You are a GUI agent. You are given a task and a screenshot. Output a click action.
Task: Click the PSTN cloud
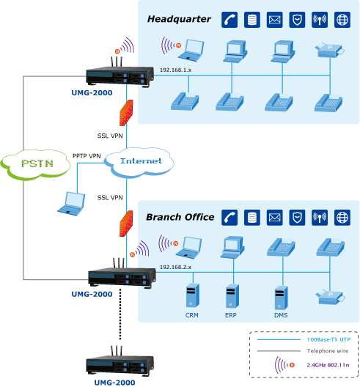coord(35,163)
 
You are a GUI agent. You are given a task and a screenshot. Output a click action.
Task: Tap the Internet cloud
coord(139,162)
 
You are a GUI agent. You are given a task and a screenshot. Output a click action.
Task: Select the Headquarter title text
coord(179,19)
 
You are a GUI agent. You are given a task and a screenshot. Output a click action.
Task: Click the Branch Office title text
coord(180,217)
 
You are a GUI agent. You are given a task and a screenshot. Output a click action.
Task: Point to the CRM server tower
coord(192,295)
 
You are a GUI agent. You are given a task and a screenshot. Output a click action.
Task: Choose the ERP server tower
coord(232,296)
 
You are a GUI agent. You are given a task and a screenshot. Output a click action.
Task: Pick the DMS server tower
coord(281,298)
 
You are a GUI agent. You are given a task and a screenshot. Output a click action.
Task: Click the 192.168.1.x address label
coord(175,70)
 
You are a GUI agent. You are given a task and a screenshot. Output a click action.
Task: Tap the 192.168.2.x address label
coord(175,267)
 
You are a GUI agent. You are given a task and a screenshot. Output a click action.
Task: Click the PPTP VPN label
coord(87,156)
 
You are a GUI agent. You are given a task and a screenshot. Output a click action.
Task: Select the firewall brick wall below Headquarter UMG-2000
coord(126,113)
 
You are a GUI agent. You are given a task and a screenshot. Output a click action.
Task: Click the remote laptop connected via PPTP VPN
coord(71,204)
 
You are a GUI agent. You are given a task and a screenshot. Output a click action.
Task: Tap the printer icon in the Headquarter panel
coord(330,50)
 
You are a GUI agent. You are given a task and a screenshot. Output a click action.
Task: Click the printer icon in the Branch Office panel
coord(330,297)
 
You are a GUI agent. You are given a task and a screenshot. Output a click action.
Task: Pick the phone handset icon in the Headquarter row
coord(229,20)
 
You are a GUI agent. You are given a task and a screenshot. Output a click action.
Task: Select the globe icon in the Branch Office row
coord(342,218)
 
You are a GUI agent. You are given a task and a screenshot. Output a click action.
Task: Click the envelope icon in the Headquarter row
coord(274,20)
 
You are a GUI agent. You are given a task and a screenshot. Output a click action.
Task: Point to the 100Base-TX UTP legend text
coord(328,339)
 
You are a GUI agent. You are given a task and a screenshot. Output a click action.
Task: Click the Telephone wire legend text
coord(328,350)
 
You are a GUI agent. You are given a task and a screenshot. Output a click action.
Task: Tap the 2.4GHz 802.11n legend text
coord(328,365)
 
